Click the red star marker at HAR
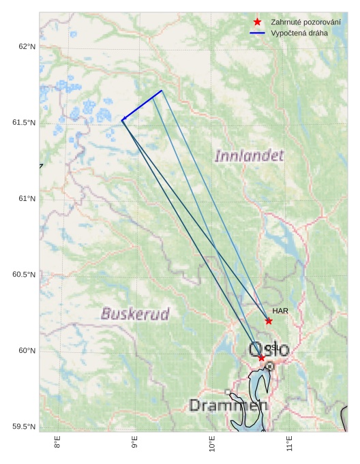[269, 321]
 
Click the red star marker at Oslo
[261, 358]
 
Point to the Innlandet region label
[249, 156]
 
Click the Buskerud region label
[135, 314]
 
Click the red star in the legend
[257, 22]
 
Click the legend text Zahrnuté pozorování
[305, 22]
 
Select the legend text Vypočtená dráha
[299, 33]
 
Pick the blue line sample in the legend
[257, 33]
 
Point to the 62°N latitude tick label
[26, 46]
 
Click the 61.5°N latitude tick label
[23, 123]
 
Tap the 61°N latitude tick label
[26, 198]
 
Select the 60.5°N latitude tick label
[23, 275]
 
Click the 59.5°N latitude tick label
[23, 427]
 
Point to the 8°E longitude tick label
[57, 443]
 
